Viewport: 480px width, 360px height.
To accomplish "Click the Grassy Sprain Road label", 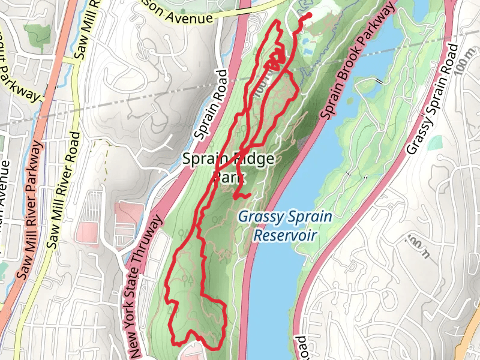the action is pos(430,100).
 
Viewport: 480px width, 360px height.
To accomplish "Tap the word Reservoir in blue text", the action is pos(284,235).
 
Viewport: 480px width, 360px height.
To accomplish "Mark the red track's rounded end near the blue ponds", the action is pos(309,15).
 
